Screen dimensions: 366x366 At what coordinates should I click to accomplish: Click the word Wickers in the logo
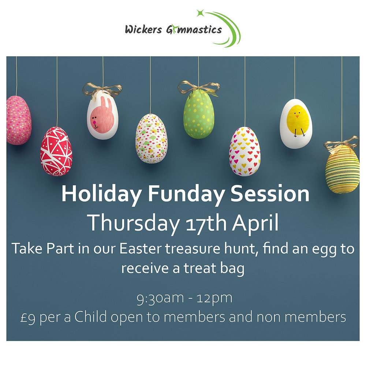point(140,29)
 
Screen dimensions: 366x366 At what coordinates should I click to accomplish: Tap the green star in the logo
point(200,14)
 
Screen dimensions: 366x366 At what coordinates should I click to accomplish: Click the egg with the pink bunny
point(102,116)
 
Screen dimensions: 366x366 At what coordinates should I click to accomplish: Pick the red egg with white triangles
point(56,151)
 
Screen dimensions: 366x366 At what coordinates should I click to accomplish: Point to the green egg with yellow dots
point(198,114)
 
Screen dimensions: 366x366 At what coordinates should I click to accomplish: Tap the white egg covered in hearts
point(245,151)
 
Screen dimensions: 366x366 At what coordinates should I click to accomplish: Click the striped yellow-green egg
point(342,169)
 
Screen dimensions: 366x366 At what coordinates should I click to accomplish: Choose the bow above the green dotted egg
point(199,87)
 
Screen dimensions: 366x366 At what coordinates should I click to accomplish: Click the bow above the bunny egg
point(102,89)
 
